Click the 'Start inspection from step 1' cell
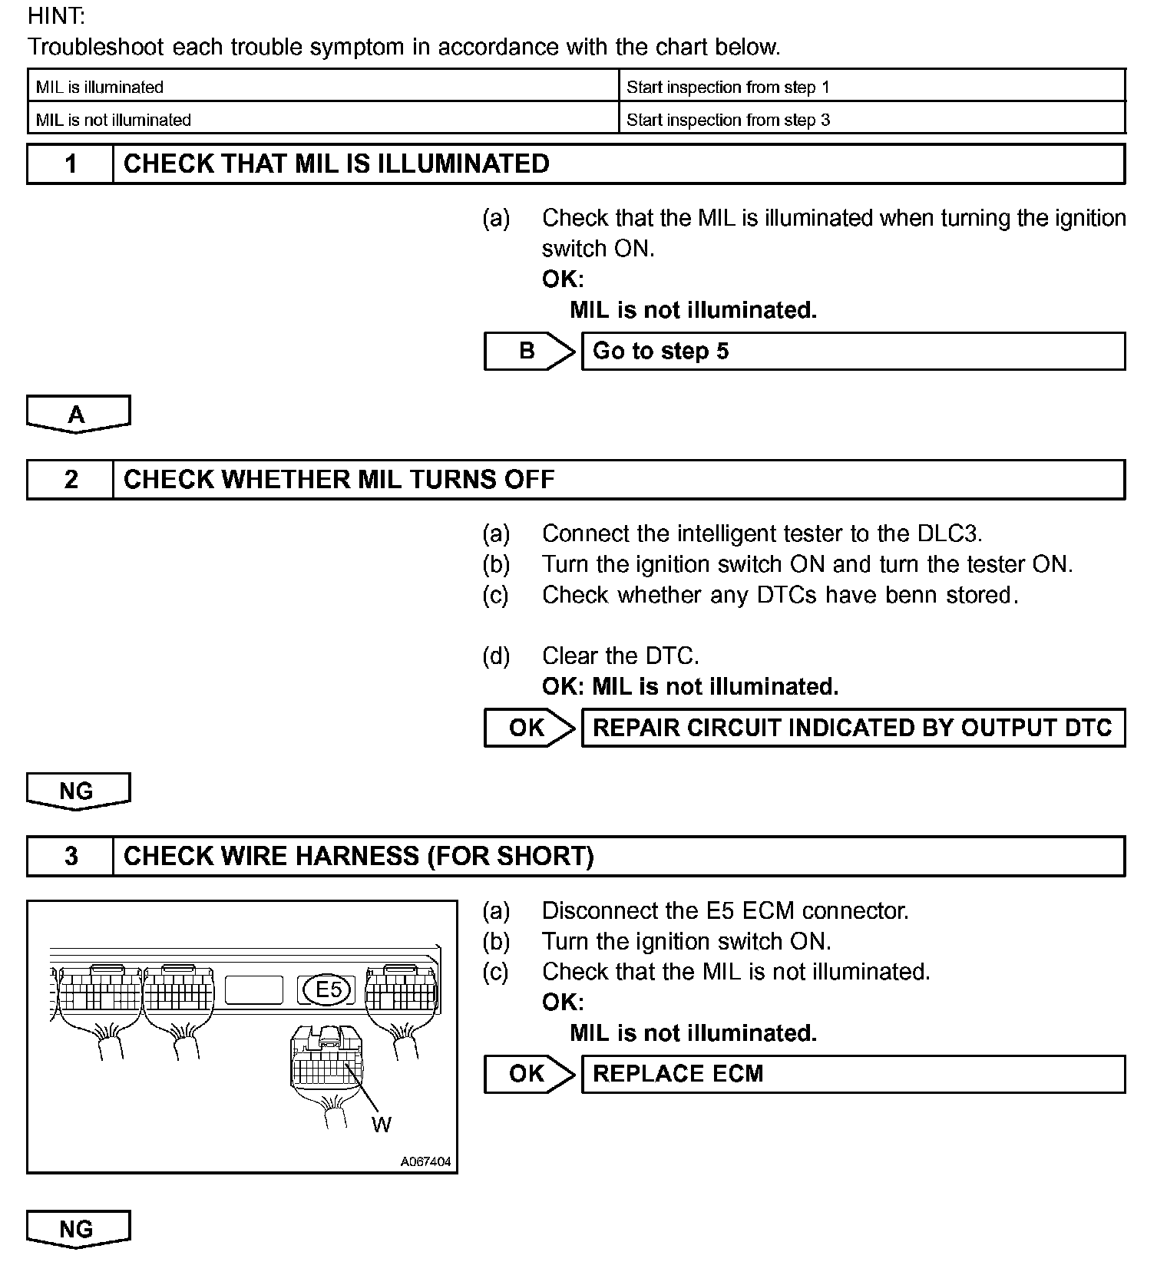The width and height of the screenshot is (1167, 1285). click(x=871, y=87)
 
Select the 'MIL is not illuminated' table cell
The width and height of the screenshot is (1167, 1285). click(x=322, y=120)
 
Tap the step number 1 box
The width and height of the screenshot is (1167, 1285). click(x=71, y=164)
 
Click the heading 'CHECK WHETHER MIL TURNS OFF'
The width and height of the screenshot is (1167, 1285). click(x=339, y=480)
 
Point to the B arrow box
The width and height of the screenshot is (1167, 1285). click(x=527, y=351)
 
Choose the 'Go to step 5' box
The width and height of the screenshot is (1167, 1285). click(x=852, y=351)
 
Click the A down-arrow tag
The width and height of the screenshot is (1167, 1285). click(x=78, y=415)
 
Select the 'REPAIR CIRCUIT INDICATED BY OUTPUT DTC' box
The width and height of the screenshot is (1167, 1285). click(x=852, y=728)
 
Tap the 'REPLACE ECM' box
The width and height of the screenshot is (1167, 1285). click(x=852, y=1074)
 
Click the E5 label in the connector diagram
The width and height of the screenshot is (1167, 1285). click(x=329, y=989)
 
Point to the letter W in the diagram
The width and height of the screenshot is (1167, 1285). click(x=382, y=1125)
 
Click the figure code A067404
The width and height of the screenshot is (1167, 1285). click(x=425, y=1162)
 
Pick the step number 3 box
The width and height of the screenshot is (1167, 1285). click(x=71, y=856)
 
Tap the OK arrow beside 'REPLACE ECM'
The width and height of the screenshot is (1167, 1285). click(x=527, y=1074)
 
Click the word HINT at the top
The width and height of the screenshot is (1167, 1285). click(x=57, y=16)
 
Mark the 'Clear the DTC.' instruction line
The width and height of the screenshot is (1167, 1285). click(x=620, y=656)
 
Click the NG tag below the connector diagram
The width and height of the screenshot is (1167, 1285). click(x=78, y=1229)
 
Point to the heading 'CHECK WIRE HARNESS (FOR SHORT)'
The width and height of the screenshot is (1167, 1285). click(x=359, y=856)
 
